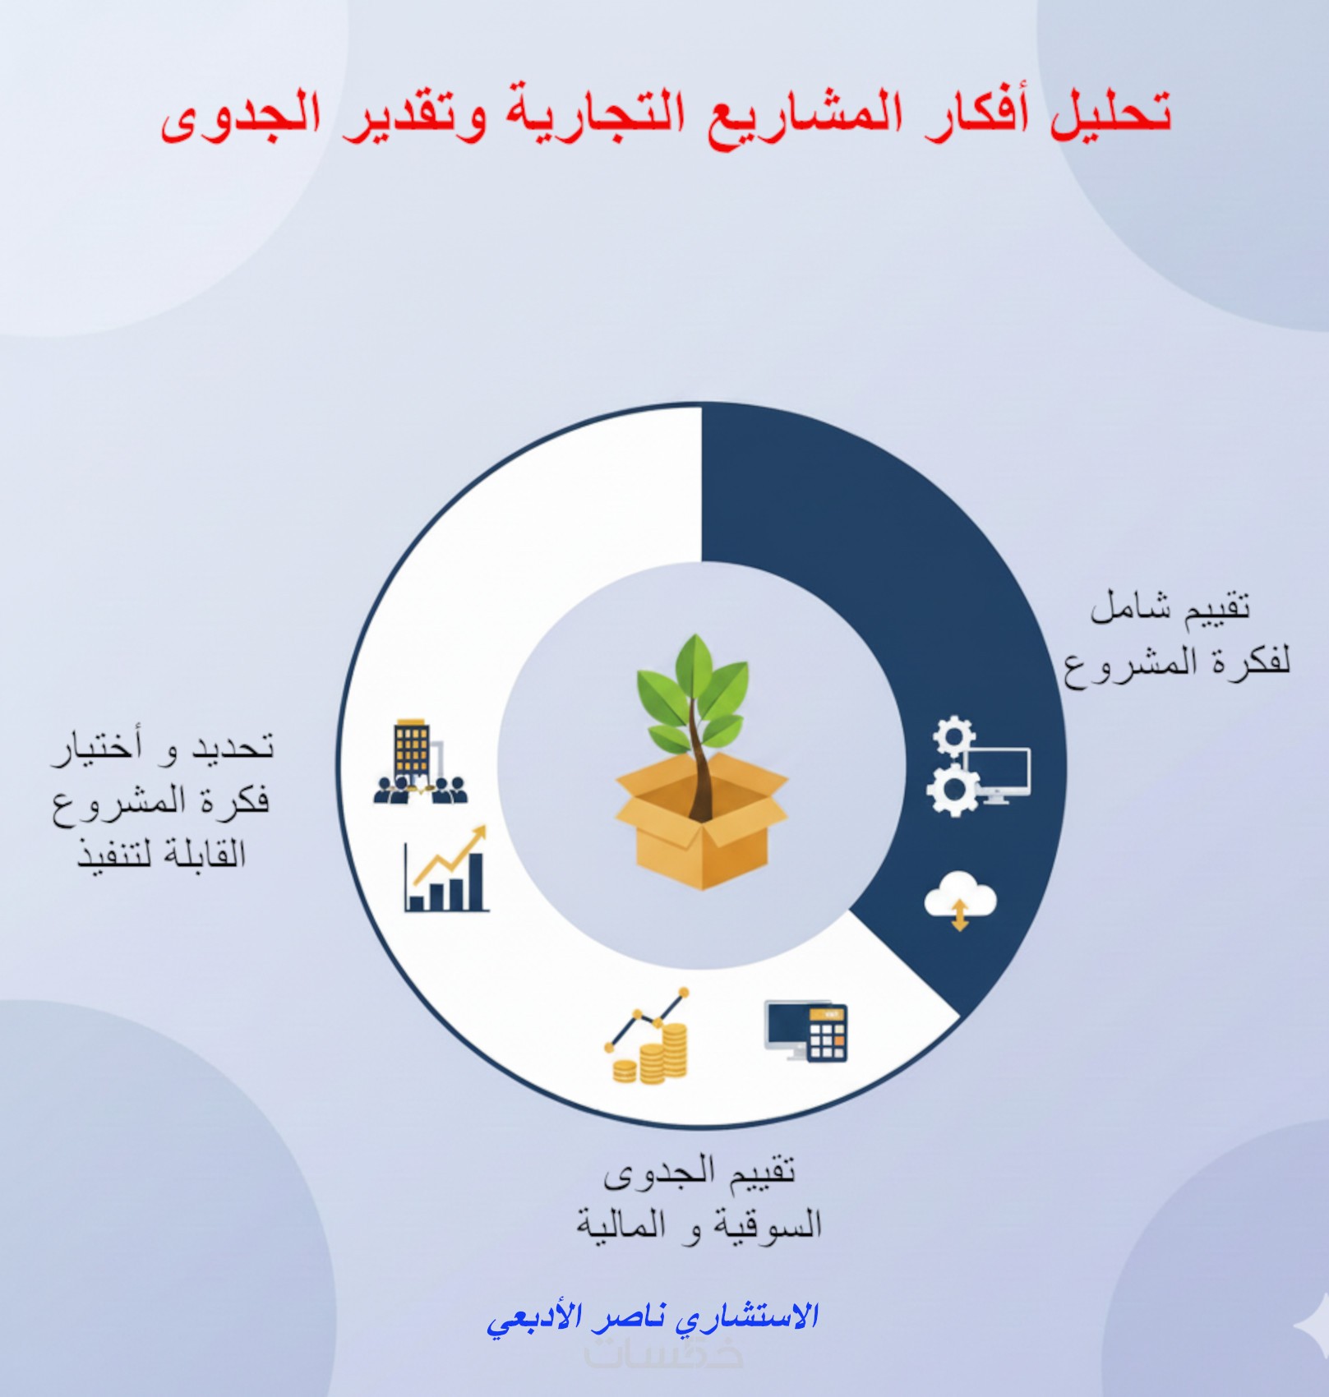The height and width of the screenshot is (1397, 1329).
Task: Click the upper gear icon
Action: [x=953, y=736]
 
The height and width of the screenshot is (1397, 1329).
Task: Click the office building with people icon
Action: [x=419, y=763]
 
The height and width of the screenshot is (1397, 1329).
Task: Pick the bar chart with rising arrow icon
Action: [x=447, y=869]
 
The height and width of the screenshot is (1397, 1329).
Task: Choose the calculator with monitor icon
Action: [x=806, y=1031]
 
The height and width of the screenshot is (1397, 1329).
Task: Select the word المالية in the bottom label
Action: [x=621, y=1226]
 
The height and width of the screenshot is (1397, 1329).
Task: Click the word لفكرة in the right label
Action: [x=1248, y=661]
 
